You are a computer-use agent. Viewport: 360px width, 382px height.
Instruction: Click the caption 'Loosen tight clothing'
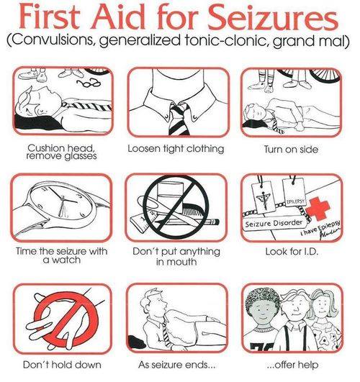[x=176, y=148]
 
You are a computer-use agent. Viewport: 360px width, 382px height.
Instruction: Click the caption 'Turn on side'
[x=291, y=149]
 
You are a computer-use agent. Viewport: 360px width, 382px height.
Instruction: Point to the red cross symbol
[x=318, y=209]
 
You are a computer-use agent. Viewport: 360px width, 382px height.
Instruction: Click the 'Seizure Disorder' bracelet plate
[x=274, y=223]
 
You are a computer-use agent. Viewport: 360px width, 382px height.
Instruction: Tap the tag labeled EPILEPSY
[x=294, y=193]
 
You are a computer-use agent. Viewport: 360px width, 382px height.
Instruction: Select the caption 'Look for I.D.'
[x=292, y=252]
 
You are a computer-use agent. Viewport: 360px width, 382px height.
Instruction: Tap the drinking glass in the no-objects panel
[x=170, y=193]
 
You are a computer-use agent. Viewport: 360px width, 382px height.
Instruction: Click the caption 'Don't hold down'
[x=62, y=365]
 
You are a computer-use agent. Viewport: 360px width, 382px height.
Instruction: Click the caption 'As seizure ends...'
[x=177, y=365]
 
